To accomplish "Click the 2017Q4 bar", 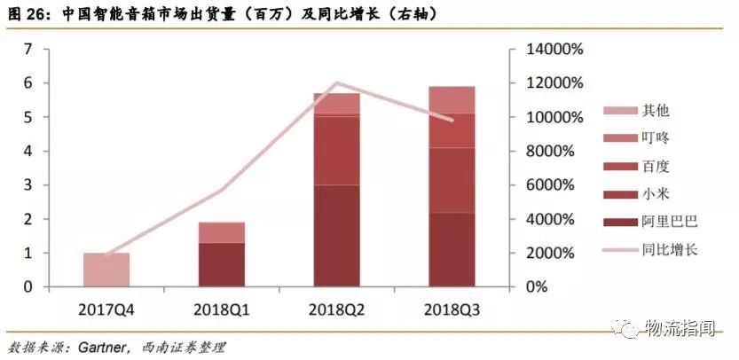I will (x=106, y=270).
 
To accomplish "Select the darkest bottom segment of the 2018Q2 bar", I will (x=336, y=235).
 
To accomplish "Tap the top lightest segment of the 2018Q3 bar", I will (x=452, y=99).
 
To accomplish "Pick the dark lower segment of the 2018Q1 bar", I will (x=222, y=264).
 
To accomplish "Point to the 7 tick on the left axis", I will (x=28, y=50).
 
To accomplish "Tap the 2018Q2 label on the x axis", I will (x=336, y=309).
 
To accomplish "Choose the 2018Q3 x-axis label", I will (x=452, y=309).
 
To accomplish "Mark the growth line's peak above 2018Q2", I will (x=336, y=83).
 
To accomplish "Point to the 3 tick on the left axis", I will (x=28, y=185).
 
